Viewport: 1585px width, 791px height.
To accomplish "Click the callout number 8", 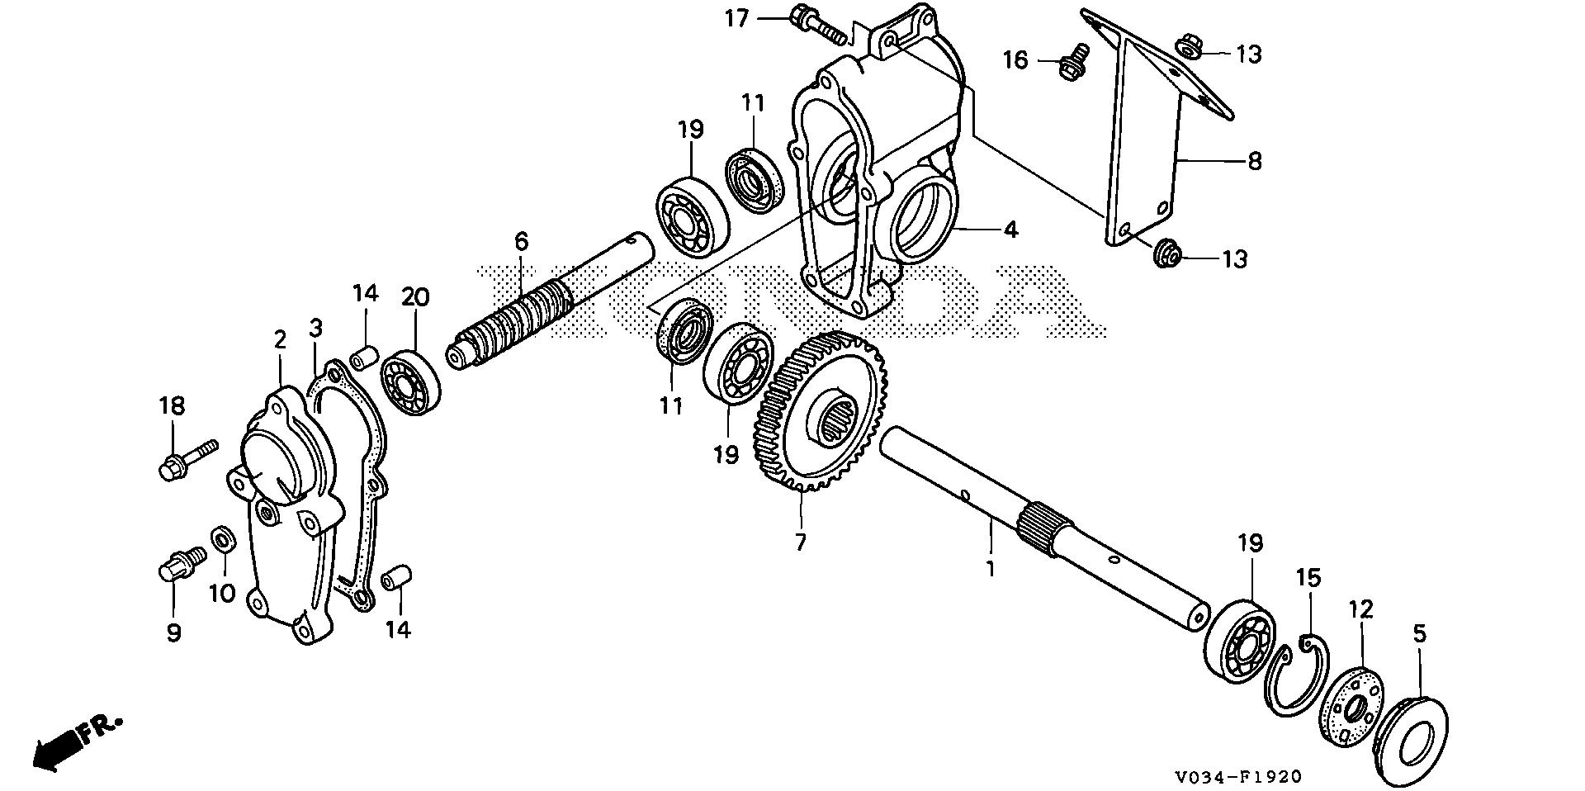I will click(x=1254, y=160).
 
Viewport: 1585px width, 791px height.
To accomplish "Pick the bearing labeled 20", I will click(x=409, y=382).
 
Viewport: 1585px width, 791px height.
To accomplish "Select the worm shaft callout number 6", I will click(x=520, y=242).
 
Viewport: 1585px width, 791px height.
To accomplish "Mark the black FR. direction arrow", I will click(x=58, y=748).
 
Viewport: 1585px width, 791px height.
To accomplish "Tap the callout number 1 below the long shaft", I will click(x=991, y=569).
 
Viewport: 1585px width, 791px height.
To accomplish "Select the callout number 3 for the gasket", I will click(x=315, y=328).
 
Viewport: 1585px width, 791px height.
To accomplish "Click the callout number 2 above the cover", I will click(x=280, y=339).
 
